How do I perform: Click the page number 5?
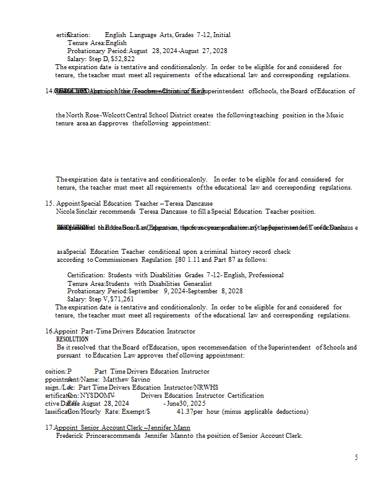[356, 457]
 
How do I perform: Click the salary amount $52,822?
[122, 59]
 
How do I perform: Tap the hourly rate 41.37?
[187, 411]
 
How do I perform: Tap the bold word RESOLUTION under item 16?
[72, 339]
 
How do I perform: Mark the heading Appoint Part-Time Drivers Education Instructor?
[124, 332]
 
